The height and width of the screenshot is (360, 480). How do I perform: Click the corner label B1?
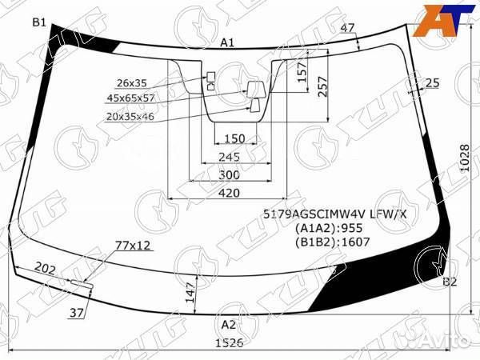[x=39, y=22]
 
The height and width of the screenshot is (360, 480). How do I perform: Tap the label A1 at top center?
[x=227, y=42]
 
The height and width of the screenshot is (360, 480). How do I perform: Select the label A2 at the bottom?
[x=229, y=325]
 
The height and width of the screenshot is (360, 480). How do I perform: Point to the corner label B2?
[x=450, y=281]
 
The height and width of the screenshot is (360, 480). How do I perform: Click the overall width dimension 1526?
[x=227, y=343]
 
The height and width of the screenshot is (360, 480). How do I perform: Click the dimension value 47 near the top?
[x=347, y=28]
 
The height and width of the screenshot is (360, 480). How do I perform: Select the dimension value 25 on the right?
[x=432, y=82]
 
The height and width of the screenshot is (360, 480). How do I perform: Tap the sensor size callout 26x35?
[x=132, y=82]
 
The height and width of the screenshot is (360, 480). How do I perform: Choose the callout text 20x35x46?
[x=130, y=117]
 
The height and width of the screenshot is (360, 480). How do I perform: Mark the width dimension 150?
[x=234, y=138]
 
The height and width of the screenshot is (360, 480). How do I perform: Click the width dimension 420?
[x=229, y=193]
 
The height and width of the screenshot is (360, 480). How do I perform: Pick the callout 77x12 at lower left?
[x=133, y=244]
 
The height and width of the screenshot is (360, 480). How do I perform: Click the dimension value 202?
[x=46, y=270]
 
